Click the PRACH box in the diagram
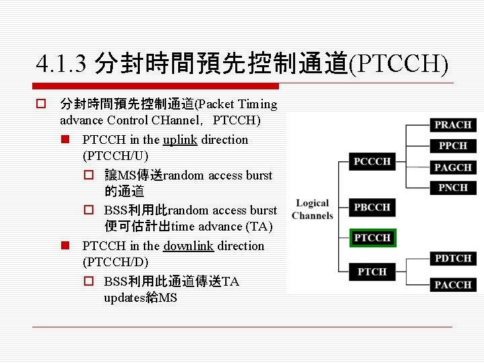[452, 124]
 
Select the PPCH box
[452, 145]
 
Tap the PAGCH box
[452, 167]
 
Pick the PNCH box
[452, 188]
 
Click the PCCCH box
[372, 161]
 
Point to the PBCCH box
[372, 207]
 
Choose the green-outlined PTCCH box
[372, 238]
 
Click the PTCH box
[372, 272]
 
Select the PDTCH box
[452, 258]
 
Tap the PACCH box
[452, 284]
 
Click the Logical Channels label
[313, 209]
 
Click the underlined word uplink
[180, 140]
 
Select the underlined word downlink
[188, 246]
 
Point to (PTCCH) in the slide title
[399, 64]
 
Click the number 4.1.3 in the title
[63, 64]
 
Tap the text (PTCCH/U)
[116, 157]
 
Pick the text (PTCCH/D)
[116, 262]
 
